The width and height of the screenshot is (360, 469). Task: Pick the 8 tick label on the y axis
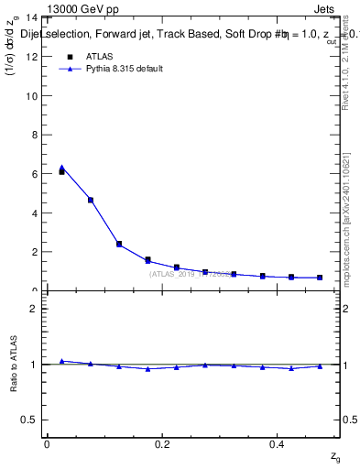(x=34, y=135)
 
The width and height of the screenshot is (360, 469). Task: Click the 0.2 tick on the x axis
(x=162, y=443)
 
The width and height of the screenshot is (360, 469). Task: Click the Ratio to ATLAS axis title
(x=14, y=364)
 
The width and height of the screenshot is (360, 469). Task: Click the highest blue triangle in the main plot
(x=61, y=168)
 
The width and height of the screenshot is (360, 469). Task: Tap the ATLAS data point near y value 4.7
(x=90, y=200)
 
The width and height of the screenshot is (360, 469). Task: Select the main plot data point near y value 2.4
(x=119, y=244)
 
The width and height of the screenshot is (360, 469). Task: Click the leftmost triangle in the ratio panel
(x=61, y=361)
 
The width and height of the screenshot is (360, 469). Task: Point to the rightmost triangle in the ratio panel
(x=320, y=366)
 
